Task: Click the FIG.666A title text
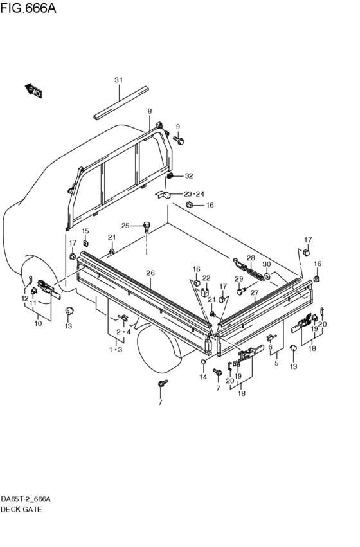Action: click(x=28, y=8)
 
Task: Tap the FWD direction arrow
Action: click(x=33, y=91)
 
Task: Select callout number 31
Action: click(x=119, y=80)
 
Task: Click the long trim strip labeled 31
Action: click(x=121, y=103)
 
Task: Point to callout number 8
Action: click(x=150, y=111)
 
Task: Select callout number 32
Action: click(x=189, y=176)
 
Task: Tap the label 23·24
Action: click(x=194, y=194)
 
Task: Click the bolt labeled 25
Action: click(x=147, y=227)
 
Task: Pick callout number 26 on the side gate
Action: click(x=150, y=273)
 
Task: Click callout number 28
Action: click(x=251, y=258)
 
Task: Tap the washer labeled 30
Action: click(x=267, y=276)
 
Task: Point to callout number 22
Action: click(x=206, y=278)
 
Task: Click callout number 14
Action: click(x=203, y=377)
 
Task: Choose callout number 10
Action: click(x=38, y=323)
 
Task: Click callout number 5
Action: click(x=276, y=364)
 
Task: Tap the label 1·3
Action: click(x=116, y=350)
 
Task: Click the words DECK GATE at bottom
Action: click(x=21, y=510)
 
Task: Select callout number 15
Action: click(x=85, y=231)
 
